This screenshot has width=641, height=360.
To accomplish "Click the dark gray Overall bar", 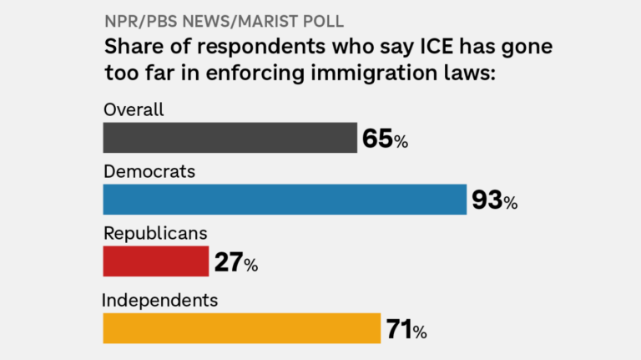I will tap(230, 138).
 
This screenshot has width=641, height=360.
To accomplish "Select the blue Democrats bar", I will tap(284, 200).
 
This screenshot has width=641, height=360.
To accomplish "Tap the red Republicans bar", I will tap(155, 261).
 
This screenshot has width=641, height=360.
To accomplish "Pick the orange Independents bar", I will tap(241, 328).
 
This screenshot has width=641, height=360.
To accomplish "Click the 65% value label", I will tap(385, 139).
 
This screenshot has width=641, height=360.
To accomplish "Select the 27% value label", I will tap(235, 263).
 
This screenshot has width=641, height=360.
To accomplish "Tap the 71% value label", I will tap(406, 329).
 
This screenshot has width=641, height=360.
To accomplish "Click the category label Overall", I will tap(134, 109).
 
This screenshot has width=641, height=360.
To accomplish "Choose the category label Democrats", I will tap(149, 171).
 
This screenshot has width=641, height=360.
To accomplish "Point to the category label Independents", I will tap(160, 299).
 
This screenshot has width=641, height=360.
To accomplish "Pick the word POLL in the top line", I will tap(322, 19).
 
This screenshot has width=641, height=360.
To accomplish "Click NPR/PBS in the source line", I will tap(134, 19).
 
